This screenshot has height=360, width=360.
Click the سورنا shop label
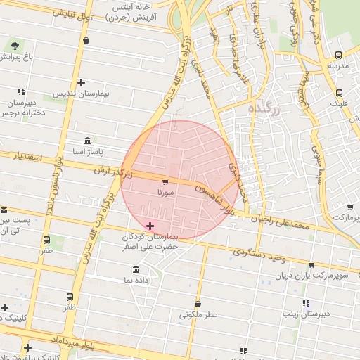coord(165,191)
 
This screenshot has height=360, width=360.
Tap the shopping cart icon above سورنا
coord(165,181)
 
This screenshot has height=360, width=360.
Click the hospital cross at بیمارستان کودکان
coord(150,226)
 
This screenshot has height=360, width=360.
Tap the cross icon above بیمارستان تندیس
coord(82,82)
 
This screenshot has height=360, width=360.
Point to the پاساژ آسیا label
coord(89,151)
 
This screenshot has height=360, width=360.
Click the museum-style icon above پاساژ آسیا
coord(87,140)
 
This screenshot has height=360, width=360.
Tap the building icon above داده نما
coord(136,269)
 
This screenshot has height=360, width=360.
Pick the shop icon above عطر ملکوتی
coord(198,304)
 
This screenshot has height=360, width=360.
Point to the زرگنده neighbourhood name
coord(265,110)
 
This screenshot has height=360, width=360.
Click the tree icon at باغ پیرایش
coord(15,45)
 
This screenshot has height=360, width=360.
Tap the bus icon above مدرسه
coord(339,55)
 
